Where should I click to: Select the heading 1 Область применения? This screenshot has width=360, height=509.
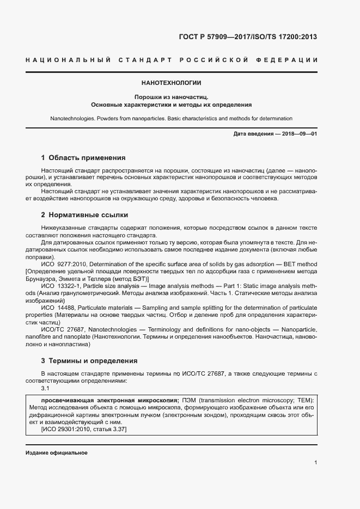(83, 158)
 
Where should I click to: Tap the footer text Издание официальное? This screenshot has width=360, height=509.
(56, 453)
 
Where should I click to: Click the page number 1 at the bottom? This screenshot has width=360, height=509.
(315, 463)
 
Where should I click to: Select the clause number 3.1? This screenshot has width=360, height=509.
(46, 388)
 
